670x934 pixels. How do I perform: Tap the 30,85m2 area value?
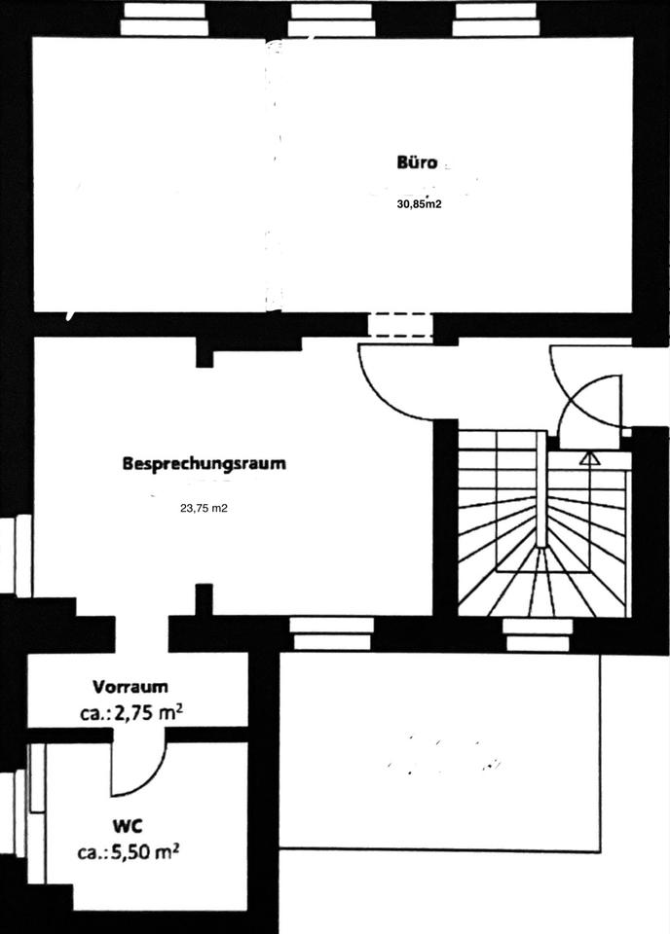(x=419, y=204)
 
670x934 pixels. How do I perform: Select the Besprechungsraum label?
(x=205, y=463)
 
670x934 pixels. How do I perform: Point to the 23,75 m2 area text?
(x=204, y=507)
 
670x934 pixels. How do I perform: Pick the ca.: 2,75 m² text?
(x=132, y=712)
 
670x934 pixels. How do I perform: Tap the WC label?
(x=128, y=826)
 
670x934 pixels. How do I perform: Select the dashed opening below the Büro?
(x=400, y=325)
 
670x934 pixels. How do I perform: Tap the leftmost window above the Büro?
(x=165, y=20)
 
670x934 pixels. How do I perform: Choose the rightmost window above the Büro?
(x=498, y=20)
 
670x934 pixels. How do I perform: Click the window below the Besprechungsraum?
(x=332, y=633)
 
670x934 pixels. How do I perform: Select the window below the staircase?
(x=536, y=633)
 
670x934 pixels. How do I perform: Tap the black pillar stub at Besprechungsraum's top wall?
(x=205, y=351)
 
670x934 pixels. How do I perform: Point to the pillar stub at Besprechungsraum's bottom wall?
(x=204, y=599)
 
